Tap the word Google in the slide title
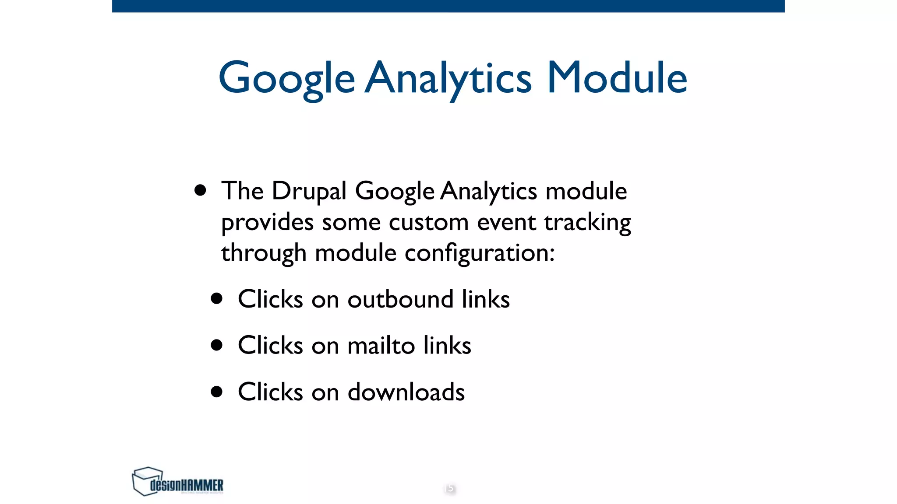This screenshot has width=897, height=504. (286, 79)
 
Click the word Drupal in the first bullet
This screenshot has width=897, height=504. (309, 191)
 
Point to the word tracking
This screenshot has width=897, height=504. (587, 223)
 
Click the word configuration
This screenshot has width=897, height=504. (479, 253)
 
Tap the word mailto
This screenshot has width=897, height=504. (381, 345)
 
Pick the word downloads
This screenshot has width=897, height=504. (406, 392)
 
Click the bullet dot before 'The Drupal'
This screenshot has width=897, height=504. (200, 190)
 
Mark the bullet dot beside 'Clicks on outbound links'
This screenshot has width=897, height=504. (216, 299)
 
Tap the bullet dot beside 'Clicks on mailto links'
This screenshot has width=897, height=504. (216, 345)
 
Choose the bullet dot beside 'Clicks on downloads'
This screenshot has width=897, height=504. (216, 391)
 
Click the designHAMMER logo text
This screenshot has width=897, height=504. (187, 485)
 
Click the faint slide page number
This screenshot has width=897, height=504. (449, 488)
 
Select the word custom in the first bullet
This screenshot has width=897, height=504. (428, 222)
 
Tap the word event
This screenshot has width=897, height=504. (506, 222)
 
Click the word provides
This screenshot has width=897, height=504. (267, 223)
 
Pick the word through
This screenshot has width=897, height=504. (264, 253)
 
